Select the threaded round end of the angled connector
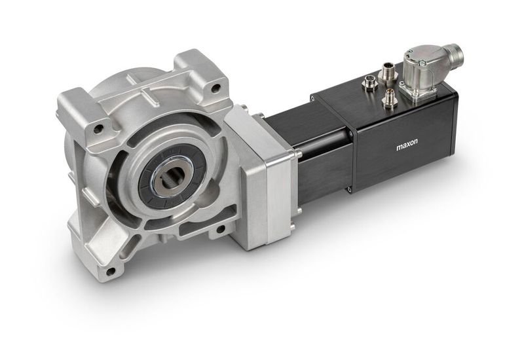click(x=452, y=54)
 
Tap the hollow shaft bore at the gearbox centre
click(x=172, y=178)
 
